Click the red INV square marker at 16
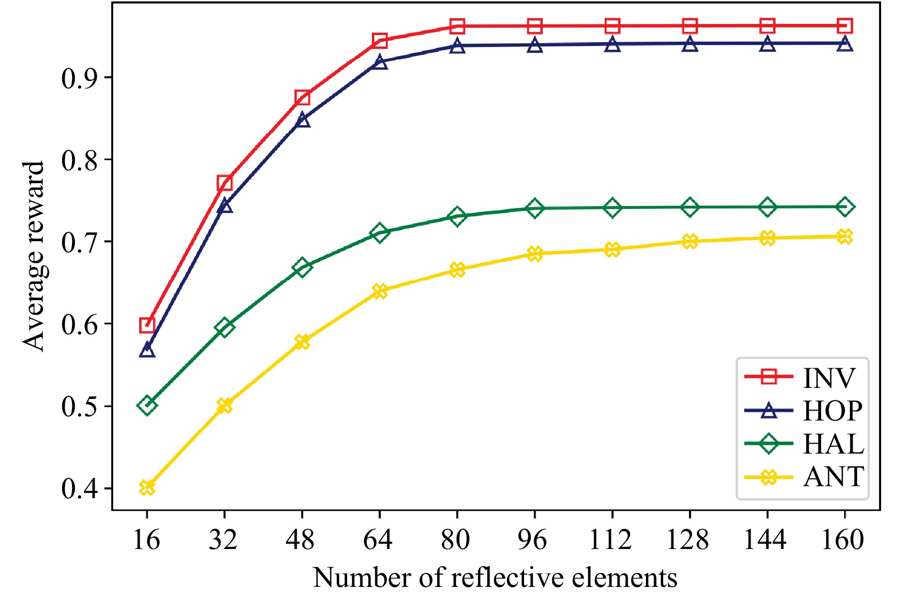(x=147, y=325)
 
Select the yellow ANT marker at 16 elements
(x=147, y=488)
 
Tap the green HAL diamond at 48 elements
(x=302, y=267)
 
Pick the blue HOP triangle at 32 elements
(x=225, y=206)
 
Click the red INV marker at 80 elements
(x=457, y=26)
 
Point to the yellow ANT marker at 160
(x=845, y=236)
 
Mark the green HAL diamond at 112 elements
(x=612, y=208)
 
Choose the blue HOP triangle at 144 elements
(x=767, y=44)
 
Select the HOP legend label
(x=833, y=411)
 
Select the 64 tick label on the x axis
(x=378, y=540)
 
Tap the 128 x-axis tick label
(x=688, y=540)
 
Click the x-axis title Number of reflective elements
(x=495, y=577)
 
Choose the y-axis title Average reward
(x=34, y=256)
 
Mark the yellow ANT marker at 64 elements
(x=380, y=291)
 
